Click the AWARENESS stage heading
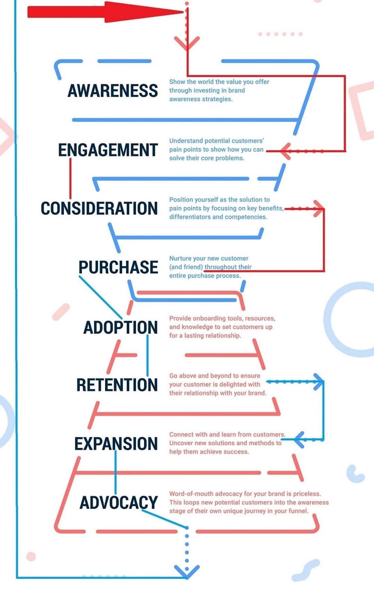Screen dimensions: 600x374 pyautogui.click(x=112, y=91)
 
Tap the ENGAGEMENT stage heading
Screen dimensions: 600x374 pyautogui.click(x=108, y=150)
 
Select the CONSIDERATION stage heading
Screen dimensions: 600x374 pyautogui.click(x=99, y=208)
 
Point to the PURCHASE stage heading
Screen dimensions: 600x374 pyautogui.click(x=118, y=267)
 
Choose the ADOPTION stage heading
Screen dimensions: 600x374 pyautogui.click(x=120, y=327)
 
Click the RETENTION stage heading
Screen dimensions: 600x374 pyautogui.click(x=117, y=385)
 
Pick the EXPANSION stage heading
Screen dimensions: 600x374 pyautogui.click(x=116, y=444)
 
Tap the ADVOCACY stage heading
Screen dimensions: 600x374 pyautogui.click(x=118, y=503)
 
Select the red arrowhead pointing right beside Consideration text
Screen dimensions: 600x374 pyautogui.click(x=318, y=208)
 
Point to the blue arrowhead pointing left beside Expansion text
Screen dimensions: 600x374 pyautogui.click(x=299, y=439)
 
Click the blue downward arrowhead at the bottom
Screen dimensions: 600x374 pyautogui.click(x=187, y=572)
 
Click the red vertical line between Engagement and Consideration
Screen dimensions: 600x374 pyautogui.click(x=70, y=178)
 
